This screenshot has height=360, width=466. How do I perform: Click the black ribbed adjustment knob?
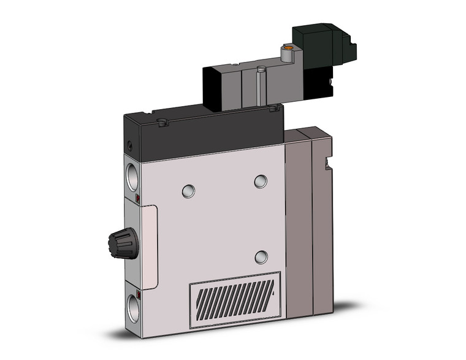click(x=123, y=245)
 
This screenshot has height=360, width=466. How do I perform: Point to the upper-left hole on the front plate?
click(x=188, y=191)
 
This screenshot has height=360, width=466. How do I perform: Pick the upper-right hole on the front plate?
click(x=261, y=182)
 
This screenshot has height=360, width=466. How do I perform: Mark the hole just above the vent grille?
click(x=261, y=256)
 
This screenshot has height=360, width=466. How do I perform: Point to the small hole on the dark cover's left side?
click(x=129, y=147)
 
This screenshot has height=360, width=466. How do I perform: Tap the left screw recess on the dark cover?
click(x=162, y=123)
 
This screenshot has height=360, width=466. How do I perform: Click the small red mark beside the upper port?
click(x=138, y=199)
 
